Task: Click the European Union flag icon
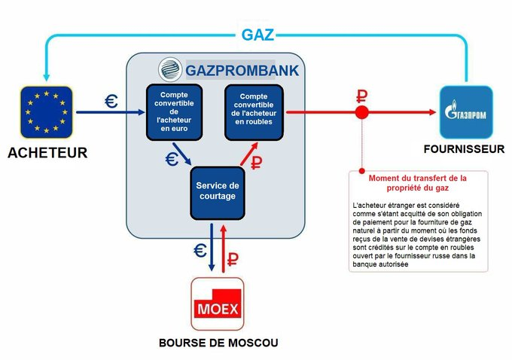pyautogui.click(x=47, y=112)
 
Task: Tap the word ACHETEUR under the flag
pyautogui.click(x=47, y=153)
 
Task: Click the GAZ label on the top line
pyautogui.click(x=258, y=35)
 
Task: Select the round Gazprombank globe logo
pyautogui.click(x=170, y=69)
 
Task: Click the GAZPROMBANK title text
pyautogui.click(x=242, y=71)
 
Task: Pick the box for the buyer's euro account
pyautogui.click(x=174, y=112)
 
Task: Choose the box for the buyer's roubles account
pyautogui.click(x=254, y=112)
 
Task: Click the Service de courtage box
pyautogui.click(x=218, y=193)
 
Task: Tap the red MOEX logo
pyautogui.click(x=218, y=304)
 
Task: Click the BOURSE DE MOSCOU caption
pyautogui.click(x=218, y=343)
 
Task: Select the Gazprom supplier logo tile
pyautogui.click(x=466, y=112)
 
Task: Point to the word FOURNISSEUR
pyautogui.click(x=464, y=149)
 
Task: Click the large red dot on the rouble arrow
pyautogui.click(x=361, y=112)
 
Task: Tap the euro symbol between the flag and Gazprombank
pyautogui.click(x=111, y=101)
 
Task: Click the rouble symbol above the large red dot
pyautogui.click(x=361, y=96)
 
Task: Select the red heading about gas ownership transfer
pyautogui.click(x=418, y=183)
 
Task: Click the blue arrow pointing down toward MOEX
pyautogui.click(x=212, y=247)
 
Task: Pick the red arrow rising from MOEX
pyautogui.click(x=224, y=249)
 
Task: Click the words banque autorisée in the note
pyautogui.click(x=380, y=264)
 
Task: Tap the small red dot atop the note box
pyautogui.click(x=362, y=171)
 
